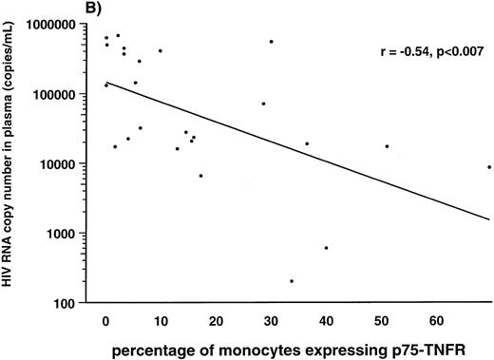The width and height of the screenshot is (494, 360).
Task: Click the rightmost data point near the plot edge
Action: (x=489, y=167)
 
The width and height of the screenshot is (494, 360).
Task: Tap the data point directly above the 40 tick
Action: (x=326, y=248)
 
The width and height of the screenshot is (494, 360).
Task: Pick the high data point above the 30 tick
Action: (x=271, y=42)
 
